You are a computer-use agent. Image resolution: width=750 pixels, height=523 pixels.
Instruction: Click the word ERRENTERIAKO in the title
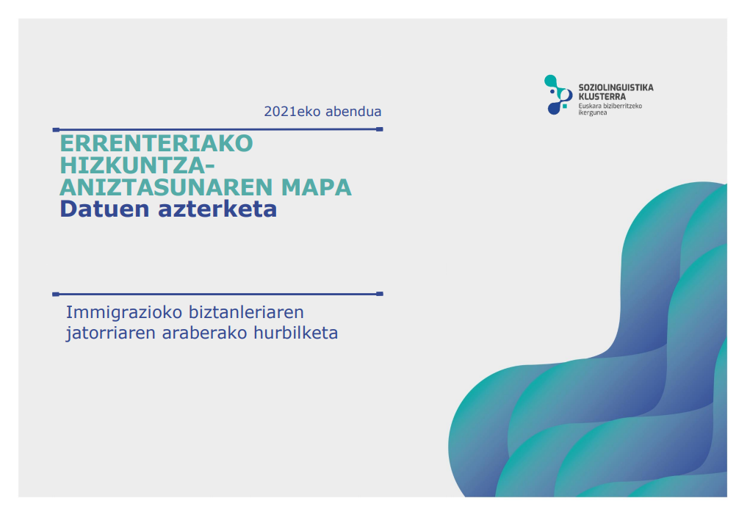tap(156, 143)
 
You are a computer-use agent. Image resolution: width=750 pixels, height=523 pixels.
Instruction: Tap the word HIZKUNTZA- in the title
tap(137, 165)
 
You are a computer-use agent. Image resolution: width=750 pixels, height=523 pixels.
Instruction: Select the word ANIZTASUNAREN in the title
tap(167, 187)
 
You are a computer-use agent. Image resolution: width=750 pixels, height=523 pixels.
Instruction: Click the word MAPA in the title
tap(316, 187)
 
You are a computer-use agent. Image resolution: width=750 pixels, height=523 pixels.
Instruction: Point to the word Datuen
tap(104, 209)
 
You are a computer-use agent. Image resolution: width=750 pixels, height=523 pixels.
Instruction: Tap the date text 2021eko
tap(292, 112)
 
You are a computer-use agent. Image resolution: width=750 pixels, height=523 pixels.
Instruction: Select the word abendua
tap(353, 112)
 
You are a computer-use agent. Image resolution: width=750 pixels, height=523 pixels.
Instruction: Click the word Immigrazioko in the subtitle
tap(124, 312)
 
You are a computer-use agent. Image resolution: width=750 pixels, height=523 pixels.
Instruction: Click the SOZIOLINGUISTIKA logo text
tap(616, 87)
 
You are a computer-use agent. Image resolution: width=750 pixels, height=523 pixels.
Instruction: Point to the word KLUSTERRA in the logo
tap(602, 97)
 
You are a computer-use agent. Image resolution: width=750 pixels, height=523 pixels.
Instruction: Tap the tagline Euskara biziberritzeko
tap(610, 107)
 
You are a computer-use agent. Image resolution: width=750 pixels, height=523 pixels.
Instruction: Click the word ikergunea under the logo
tap(593, 113)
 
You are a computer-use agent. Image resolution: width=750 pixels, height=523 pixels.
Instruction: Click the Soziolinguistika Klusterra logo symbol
tap(558, 95)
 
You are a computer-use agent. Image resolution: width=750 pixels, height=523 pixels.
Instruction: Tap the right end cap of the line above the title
tap(380, 129)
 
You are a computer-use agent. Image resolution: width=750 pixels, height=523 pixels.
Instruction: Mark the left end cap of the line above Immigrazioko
tap(56, 295)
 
